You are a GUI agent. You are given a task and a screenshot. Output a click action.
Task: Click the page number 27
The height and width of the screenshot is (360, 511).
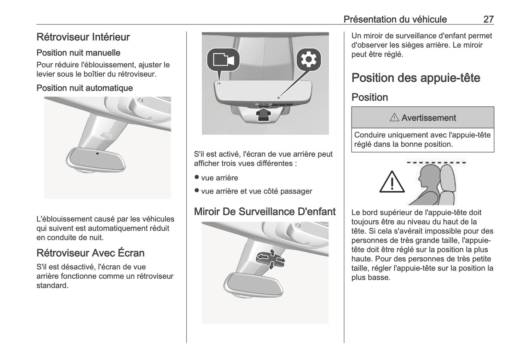[488, 19]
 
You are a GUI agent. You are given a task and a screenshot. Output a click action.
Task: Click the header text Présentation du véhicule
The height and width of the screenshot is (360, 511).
[395, 19]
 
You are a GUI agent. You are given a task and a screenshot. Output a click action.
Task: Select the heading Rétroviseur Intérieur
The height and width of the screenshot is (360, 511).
[83, 37]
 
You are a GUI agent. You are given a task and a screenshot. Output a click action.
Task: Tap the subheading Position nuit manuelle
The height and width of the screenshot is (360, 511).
[78, 53]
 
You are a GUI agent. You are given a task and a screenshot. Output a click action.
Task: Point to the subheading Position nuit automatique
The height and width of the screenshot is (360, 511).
[85, 88]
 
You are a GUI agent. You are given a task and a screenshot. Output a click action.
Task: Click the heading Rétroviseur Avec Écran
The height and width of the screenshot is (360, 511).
[91, 253]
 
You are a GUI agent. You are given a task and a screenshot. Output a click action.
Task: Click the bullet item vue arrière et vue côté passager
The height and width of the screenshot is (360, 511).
[256, 191]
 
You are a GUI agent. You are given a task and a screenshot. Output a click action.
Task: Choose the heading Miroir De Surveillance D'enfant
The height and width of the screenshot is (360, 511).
[265, 211]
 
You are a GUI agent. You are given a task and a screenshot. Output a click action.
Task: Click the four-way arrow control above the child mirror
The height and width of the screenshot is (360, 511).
[271, 259]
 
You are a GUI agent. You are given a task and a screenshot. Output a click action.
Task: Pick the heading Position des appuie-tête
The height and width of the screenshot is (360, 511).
[416, 78]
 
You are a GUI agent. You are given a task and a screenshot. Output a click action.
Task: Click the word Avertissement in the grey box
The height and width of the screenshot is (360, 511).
[429, 118]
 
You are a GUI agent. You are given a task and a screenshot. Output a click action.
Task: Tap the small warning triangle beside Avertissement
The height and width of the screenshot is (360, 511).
[394, 118]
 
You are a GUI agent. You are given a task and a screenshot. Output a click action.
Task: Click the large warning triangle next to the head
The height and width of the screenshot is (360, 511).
[392, 182]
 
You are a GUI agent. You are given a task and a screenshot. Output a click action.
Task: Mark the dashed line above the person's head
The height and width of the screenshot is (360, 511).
[436, 163]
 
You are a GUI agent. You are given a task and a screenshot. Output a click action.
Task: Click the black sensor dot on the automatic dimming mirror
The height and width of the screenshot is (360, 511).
[97, 153]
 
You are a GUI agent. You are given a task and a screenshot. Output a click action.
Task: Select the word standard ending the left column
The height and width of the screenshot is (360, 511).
[52, 285]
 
